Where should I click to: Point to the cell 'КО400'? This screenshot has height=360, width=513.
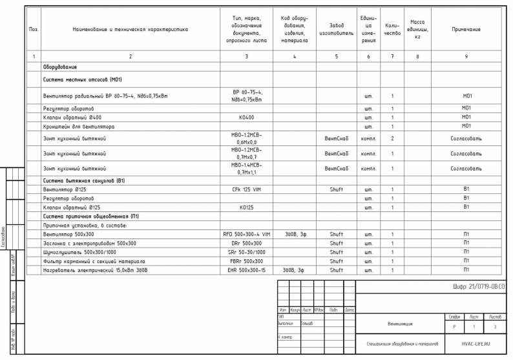click(x=246, y=117)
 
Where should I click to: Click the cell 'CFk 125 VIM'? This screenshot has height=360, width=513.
click(x=246, y=189)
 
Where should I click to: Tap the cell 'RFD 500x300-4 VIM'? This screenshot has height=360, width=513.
click(x=246, y=234)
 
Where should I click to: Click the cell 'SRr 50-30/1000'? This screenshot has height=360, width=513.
click(x=246, y=252)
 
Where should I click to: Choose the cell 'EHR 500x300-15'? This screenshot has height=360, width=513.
click(x=246, y=270)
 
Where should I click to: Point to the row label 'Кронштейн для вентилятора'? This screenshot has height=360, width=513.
click(x=78, y=126)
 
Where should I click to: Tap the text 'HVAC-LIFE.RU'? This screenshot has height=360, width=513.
click(x=475, y=344)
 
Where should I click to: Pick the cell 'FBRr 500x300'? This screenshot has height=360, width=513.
click(x=246, y=261)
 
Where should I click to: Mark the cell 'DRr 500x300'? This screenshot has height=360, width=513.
click(x=246, y=243)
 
